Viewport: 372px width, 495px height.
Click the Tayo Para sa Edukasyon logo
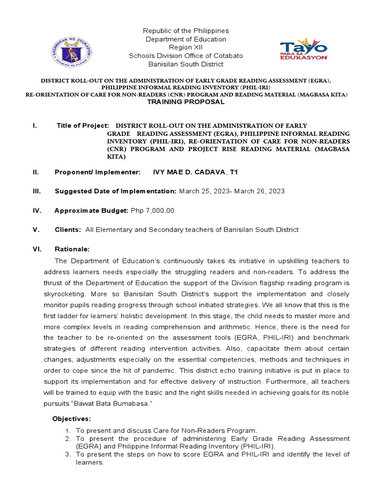click(304, 50)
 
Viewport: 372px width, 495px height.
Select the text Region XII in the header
click(186, 47)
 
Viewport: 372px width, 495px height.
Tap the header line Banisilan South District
click(186, 64)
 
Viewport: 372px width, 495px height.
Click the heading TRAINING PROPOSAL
click(186, 102)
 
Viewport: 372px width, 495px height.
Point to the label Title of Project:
click(83, 126)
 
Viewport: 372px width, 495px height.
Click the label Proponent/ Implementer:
click(97, 172)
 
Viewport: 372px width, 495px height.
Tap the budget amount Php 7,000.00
click(152, 211)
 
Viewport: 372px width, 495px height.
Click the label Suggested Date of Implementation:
click(115, 191)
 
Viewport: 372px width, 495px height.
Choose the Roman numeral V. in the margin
click(36, 230)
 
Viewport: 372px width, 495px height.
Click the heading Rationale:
click(72, 249)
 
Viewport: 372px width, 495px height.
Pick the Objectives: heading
click(71, 418)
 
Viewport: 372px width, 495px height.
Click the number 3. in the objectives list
click(68, 454)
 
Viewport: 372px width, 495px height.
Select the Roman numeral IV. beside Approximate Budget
click(37, 211)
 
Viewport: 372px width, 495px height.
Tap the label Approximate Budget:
click(91, 211)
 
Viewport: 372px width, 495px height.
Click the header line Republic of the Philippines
click(186, 31)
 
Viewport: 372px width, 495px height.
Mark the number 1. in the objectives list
click(68, 430)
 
